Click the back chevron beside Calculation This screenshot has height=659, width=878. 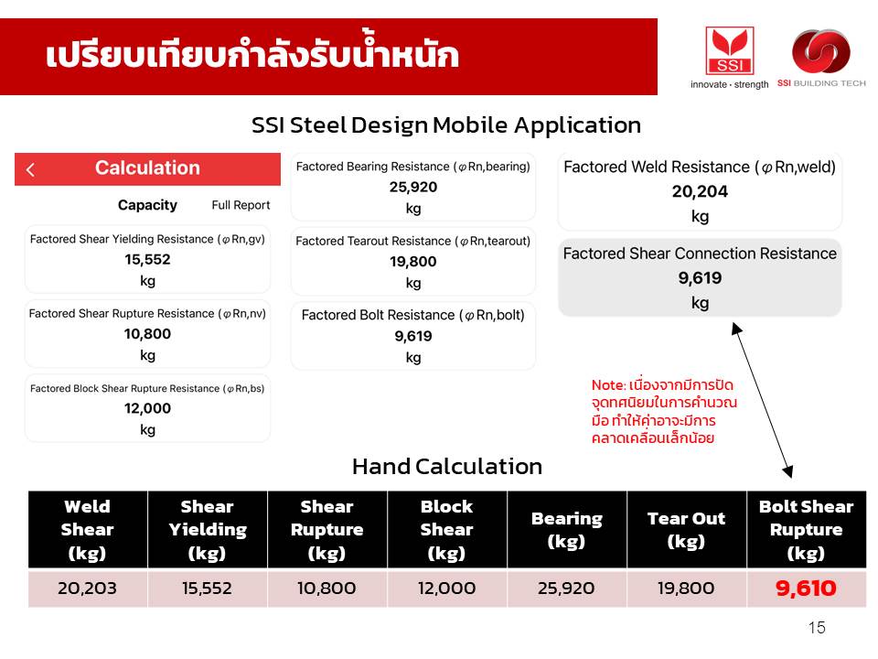tap(30, 169)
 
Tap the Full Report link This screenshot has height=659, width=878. tap(241, 205)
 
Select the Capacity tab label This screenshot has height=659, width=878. tap(147, 205)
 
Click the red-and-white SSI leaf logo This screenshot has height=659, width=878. tap(730, 50)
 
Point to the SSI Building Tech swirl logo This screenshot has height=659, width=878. tap(821, 51)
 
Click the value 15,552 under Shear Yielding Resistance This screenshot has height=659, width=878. tap(147, 259)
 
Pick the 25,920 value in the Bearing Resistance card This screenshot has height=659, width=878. tap(413, 187)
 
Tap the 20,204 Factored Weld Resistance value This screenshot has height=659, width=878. tap(700, 191)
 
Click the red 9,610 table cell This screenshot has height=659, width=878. tap(806, 588)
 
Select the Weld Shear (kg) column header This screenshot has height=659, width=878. tap(88, 530)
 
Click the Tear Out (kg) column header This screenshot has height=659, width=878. tap(686, 530)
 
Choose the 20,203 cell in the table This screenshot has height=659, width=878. tap(88, 588)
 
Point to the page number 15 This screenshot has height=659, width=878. tap(817, 628)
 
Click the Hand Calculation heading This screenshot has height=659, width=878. tap(447, 466)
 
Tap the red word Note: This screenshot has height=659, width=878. tap(609, 385)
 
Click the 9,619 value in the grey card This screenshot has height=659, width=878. tap(700, 278)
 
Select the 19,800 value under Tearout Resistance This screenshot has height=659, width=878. tap(413, 262)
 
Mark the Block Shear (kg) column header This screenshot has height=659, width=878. tap(447, 530)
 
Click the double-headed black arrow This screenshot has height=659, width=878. tap(763, 400)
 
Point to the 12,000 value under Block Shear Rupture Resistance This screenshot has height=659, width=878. tap(147, 408)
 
